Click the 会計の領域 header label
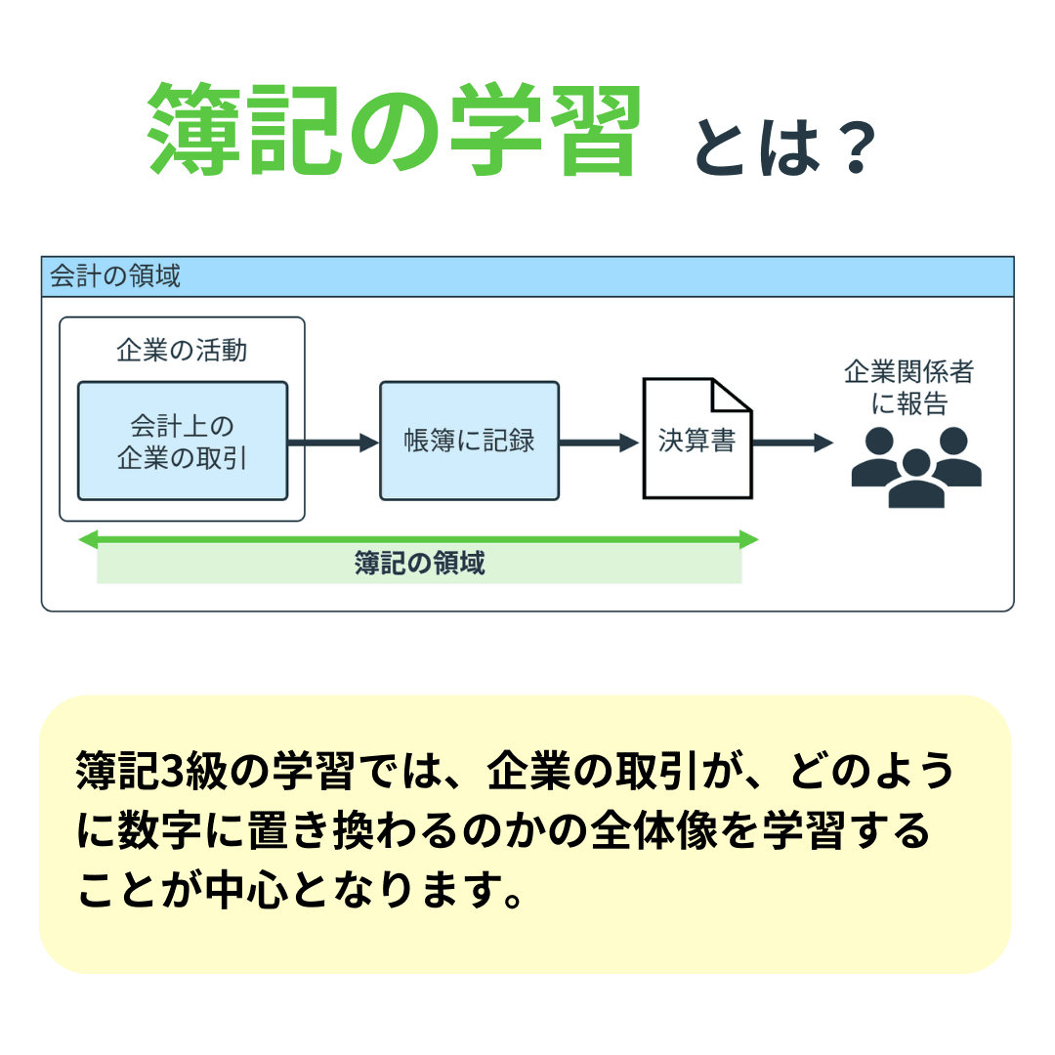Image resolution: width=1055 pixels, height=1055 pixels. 115,276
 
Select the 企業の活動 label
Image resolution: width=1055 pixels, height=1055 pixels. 182,350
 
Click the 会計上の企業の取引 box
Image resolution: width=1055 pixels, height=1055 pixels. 183,442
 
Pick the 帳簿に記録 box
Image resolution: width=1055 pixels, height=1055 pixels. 469,442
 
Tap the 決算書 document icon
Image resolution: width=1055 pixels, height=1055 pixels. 696,444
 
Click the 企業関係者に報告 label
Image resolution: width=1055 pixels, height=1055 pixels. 909,388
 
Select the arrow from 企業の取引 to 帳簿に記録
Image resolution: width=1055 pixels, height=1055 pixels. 332,443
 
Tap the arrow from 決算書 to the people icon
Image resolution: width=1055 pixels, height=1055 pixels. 791,443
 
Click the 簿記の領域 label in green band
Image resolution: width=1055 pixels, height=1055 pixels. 419,565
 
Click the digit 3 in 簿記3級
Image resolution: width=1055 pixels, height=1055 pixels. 172,773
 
